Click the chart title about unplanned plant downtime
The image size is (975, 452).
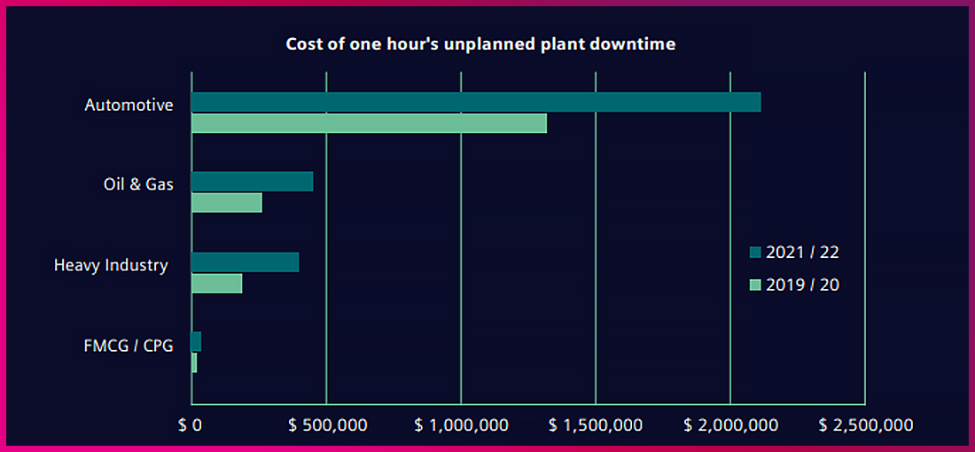click(480, 44)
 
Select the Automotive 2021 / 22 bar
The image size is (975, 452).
click(476, 102)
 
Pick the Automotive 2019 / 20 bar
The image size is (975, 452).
click(369, 123)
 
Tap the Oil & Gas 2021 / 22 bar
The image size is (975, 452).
click(253, 182)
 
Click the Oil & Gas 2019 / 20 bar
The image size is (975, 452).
click(227, 203)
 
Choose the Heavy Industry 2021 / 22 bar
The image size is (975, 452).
click(246, 262)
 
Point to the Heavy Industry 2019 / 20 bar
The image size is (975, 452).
click(217, 284)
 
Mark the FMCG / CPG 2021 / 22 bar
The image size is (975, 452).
click(196, 342)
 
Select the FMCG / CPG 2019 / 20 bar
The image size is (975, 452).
click(194, 362)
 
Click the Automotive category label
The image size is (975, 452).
click(129, 105)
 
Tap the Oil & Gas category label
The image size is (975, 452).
click(138, 184)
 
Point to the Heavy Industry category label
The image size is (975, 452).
click(111, 265)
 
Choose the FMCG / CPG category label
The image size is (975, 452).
click(128, 345)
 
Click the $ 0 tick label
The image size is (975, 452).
click(191, 425)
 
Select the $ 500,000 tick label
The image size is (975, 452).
click(328, 425)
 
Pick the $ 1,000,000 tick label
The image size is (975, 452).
click(462, 425)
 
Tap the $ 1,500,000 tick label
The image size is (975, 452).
click(597, 425)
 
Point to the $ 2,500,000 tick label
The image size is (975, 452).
click(866, 425)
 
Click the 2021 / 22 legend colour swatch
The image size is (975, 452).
click(755, 253)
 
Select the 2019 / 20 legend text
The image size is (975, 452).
click(802, 285)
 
